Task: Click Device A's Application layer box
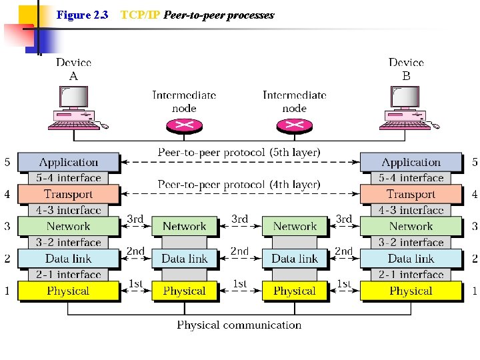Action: tap(68, 162)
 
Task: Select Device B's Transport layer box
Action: tap(411, 194)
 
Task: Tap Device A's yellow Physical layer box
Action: tap(68, 291)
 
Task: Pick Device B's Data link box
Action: tap(411, 259)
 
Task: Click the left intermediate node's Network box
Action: tap(185, 227)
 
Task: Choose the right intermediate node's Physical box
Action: tap(295, 291)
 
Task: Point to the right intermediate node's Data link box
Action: tap(295, 259)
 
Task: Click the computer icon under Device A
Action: tap(75, 108)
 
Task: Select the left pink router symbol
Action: tap(184, 125)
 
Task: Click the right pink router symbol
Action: tap(294, 125)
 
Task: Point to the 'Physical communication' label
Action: tap(239, 325)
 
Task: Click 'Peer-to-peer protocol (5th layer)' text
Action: tap(239, 153)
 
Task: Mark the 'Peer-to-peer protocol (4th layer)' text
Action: tap(239, 184)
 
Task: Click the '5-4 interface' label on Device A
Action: tap(69, 178)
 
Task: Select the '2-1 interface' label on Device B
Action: tap(411, 275)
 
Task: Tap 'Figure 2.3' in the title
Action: tap(83, 15)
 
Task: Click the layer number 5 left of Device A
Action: tap(7, 162)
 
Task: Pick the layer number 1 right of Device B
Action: tap(475, 291)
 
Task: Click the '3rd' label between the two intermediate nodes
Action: tap(239, 219)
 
